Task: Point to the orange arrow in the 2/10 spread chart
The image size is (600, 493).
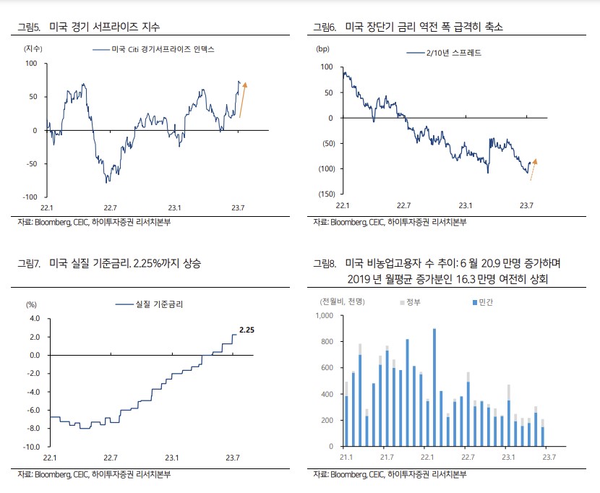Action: coord(533,168)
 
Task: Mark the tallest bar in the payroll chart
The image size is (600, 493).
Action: coord(434,387)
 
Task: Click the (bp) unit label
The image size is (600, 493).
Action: coord(322,48)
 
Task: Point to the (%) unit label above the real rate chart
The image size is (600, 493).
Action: coord(31,304)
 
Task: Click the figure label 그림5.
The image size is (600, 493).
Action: coord(28,27)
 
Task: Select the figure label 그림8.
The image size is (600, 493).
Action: coord(324,265)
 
